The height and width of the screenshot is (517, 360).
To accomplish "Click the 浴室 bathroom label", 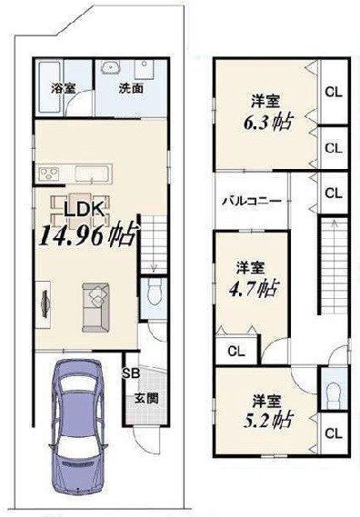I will point(63,89).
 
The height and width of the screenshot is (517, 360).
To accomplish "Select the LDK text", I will point(85,211).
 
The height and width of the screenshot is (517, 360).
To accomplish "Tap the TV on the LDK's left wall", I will point(43,299).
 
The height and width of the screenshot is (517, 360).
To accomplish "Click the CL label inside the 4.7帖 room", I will point(235,351).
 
